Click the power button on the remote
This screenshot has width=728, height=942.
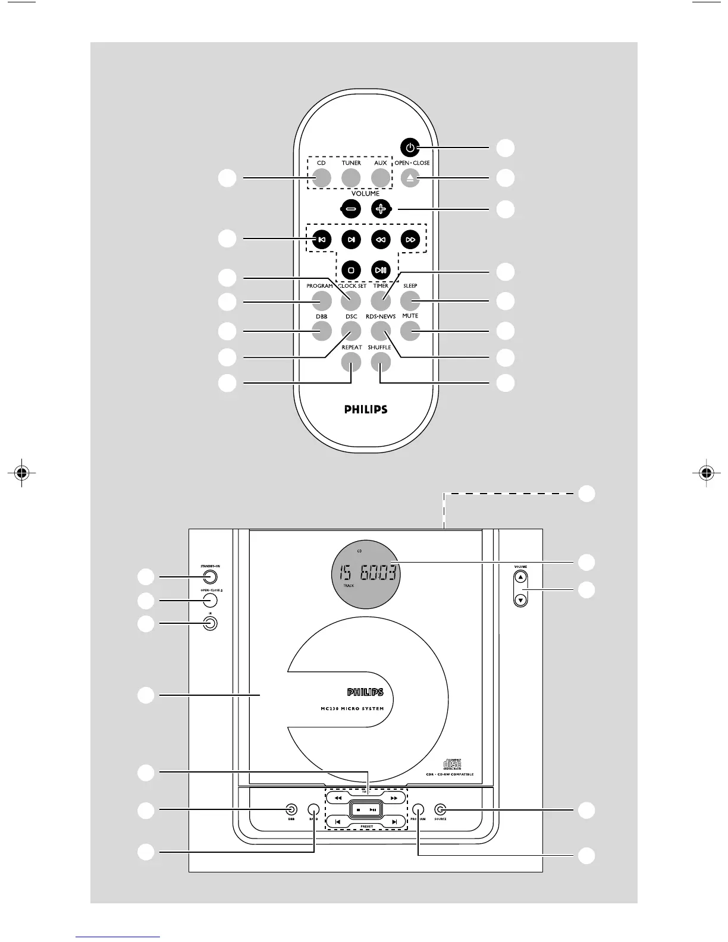click(x=409, y=147)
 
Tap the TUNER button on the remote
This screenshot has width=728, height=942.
click(x=351, y=178)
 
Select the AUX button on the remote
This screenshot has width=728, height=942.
click(x=381, y=178)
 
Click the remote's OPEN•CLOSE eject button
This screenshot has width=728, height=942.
click(x=409, y=178)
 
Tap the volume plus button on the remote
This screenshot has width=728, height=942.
click(x=381, y=209)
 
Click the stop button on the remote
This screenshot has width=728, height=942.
click(x=351, y=270)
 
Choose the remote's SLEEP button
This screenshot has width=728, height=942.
click(x=410, y=300)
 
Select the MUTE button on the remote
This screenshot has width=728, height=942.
click(x=410, y=331)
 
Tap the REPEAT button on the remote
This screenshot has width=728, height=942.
click(x=351, y=361)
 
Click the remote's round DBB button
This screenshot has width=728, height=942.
click(x=322, y=331)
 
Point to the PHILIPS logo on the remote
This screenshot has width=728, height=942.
click(x=366, y=410)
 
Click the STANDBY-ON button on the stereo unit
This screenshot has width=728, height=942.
click(x=208, y=576)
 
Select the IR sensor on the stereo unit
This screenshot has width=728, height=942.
click(x=209, y=623)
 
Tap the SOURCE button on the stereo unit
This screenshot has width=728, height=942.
click(x=440, y=809)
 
